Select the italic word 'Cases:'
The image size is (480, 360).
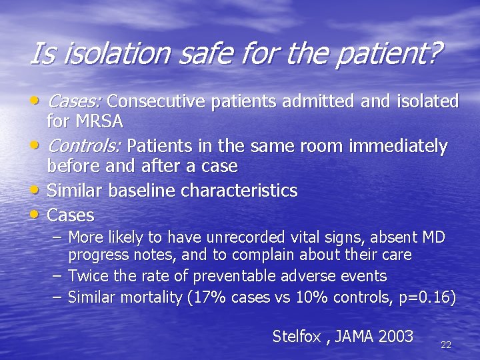(x=74, y=101)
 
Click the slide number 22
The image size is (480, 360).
(x=446, y=345)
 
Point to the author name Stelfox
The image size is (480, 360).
(x=298, y=336)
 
